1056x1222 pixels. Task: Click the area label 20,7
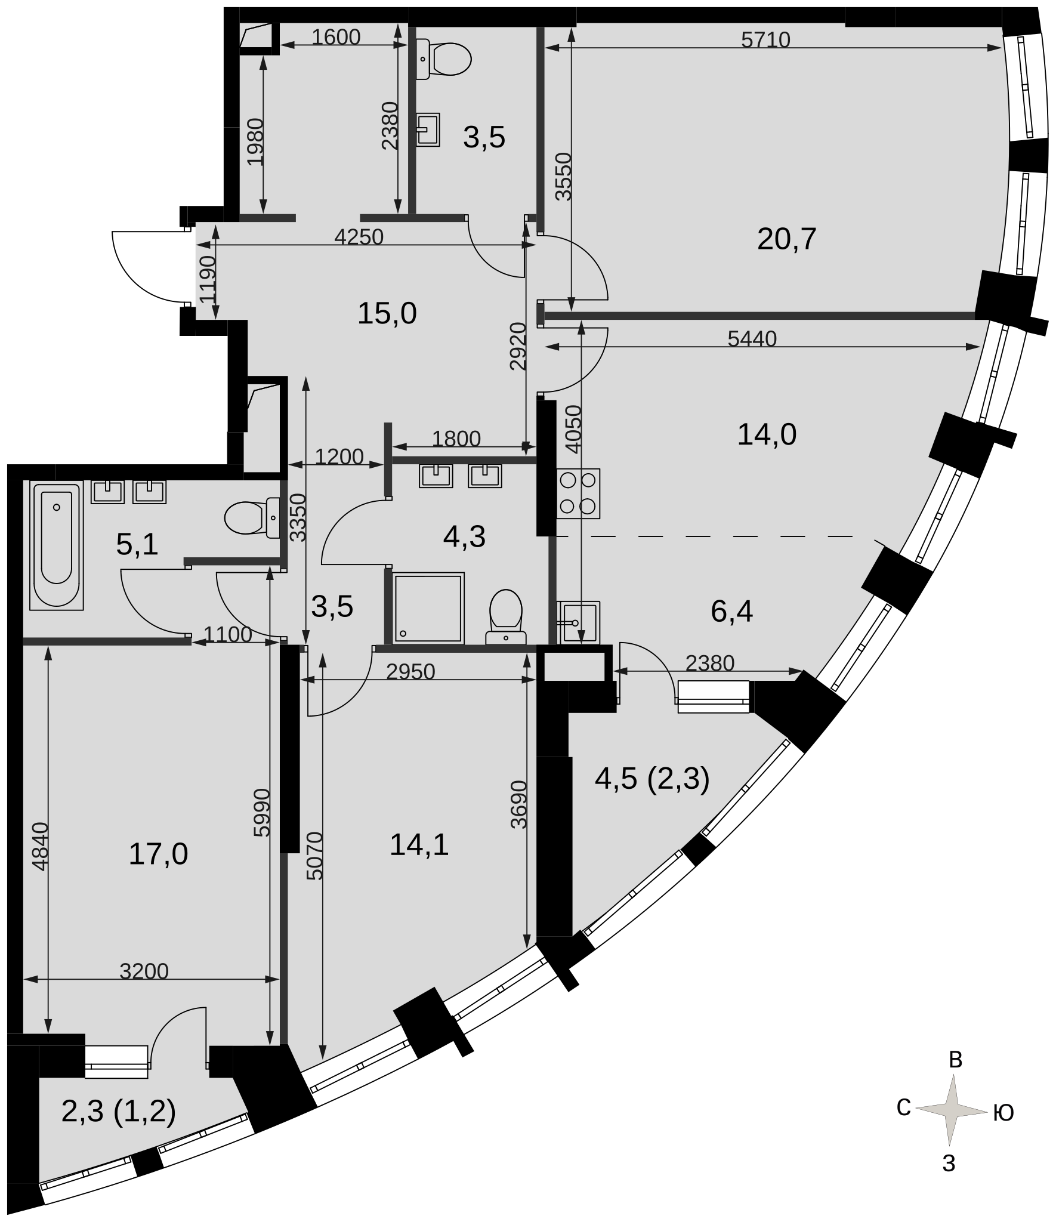pyautogui.click(x=786, y=239)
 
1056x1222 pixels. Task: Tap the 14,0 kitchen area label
pyautogui.click(x=767, y=434)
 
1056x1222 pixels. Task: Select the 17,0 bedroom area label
pyautogui.click(x=158, y=854)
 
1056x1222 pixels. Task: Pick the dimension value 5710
pyautogui.click(x=765, y=40)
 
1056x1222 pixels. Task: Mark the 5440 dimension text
pyautogui.click(x=752, y=339)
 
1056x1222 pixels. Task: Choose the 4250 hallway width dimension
pyautogui.click(x=359, y=237)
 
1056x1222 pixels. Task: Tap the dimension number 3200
pyautogui.click(x=144, y=971)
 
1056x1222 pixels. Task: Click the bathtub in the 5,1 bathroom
pyautogui.click(x=57, y=546)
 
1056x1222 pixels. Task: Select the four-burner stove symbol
pyautogui.click(x=578, y=493)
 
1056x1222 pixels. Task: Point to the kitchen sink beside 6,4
pyautogui.click(x=578, y=622)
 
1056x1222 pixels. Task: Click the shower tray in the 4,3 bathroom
pyautogui.click(x=428, y=608)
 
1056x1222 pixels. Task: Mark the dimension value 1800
pyautogui.click(x=456, y=439)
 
